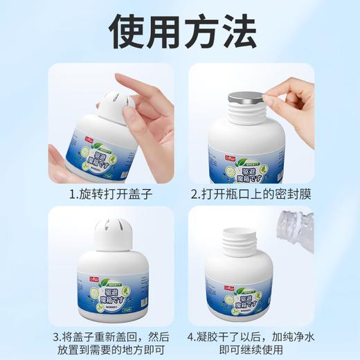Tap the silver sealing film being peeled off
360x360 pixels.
point(247,98)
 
